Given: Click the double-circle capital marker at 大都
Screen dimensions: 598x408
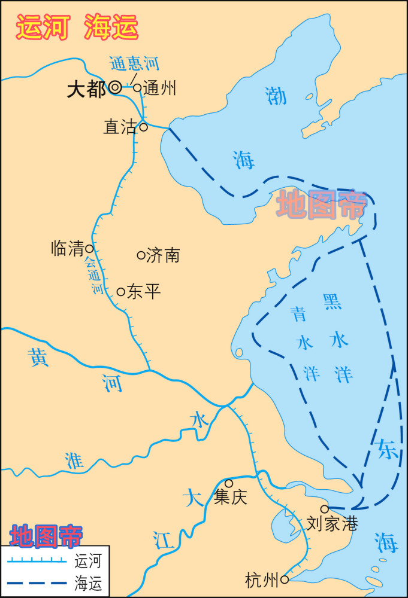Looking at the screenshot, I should [x=115, y=87].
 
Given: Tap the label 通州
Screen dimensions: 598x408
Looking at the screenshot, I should [x=160, y=89].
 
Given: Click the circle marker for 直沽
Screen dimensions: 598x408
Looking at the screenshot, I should [x=144, y=127].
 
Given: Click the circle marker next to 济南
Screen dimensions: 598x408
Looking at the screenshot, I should [x=141, y=255].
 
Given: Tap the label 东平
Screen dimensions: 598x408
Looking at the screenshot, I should [x=144, y=292].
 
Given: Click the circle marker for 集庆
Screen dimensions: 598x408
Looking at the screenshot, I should [x=229, y=483].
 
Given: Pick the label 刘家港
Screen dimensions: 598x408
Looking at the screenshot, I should [x=332, y=524].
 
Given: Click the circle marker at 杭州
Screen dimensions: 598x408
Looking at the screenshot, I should [x=285, y=579].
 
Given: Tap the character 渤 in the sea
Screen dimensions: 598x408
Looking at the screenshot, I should [x=276, y=96].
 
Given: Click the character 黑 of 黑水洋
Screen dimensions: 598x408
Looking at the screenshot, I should [x=333, y=302].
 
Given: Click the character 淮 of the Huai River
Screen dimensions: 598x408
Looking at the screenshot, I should [x=74, y=460].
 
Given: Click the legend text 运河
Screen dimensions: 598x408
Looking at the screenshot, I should [x=87, y=562].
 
